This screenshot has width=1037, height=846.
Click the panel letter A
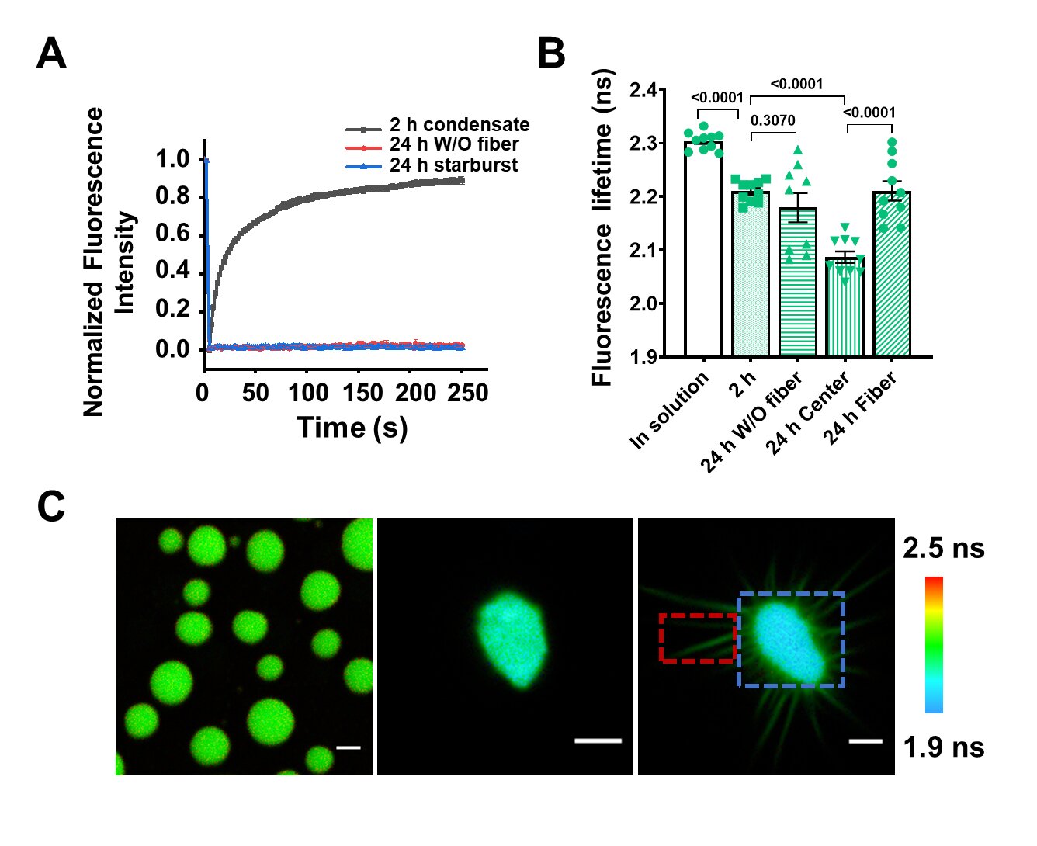pos(51,54)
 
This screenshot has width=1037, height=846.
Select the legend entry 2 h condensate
pos(459,125)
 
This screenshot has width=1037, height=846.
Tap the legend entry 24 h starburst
pos(453,165)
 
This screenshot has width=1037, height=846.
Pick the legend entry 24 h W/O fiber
pos(454,145)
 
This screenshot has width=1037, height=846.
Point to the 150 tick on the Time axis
pos(362,393)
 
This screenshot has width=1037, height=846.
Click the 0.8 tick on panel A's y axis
pos(172,196)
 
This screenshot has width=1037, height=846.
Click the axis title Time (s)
pos(352,428)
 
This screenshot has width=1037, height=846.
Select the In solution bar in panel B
pos(703,248)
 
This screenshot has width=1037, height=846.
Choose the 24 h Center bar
pos(845,307)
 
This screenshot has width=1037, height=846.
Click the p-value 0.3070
pos(772,121)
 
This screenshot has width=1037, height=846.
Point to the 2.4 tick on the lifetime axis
pos(643,90)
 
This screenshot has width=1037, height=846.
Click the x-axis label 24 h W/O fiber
pos(751,423)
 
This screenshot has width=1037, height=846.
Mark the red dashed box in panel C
pos(696,638)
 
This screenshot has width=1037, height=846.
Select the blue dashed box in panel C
pos(790,640)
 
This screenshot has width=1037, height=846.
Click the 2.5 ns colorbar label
pos(943,549)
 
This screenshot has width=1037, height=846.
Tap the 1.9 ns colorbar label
pos(943,747)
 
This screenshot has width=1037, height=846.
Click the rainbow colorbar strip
pos(934,644)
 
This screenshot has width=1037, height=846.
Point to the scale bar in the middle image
pos(598,741)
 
